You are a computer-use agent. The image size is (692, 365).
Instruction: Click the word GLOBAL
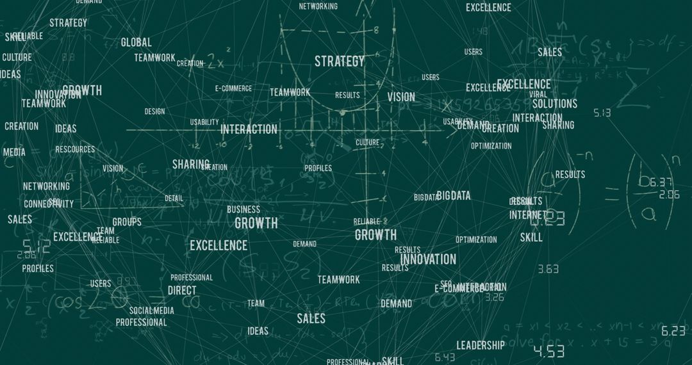click(x=136, y=43)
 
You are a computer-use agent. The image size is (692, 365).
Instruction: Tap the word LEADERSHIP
click(x=481, y=345)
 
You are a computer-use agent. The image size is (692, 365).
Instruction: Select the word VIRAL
click(x=538, y=94)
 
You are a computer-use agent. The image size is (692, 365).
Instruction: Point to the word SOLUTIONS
click(x=555, y=104)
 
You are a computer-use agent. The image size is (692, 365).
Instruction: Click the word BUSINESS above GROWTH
click(x=243, y=209)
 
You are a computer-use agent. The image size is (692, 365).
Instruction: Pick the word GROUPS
click(x=127, y=222)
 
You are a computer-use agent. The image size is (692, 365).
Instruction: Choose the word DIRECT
click(x=182, y=290)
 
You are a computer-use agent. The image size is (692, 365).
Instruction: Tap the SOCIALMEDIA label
click(x=152, y=311)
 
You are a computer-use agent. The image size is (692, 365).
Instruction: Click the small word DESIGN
click(x=154, y=111)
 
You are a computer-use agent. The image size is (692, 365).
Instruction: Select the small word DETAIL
click(x=174, y=199)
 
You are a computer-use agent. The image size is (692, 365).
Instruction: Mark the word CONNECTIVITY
click(x=49, y=204)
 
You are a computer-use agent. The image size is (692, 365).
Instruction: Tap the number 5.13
click(x=602, y=113)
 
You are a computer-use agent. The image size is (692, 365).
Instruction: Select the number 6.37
click(x=661, y=182)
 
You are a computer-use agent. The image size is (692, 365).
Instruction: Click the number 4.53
click(x=548, y=351)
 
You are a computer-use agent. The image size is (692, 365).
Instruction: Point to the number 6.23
click(x=673, y=331)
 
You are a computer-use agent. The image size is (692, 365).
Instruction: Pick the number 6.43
click(x=445, y=357)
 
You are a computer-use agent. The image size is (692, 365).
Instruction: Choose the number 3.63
click(x=548, y=270)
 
